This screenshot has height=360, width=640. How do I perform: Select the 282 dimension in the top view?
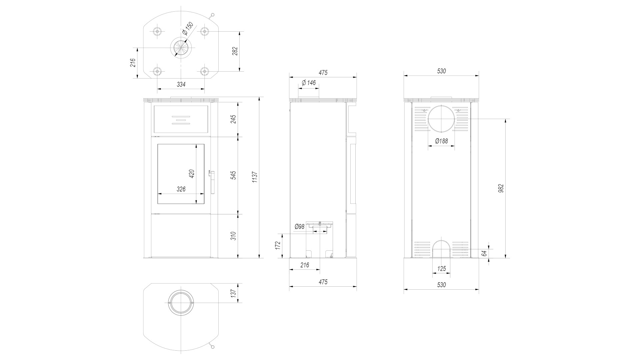pyautogui.click(x=235, y=51)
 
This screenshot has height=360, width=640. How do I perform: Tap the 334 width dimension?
pyautogui.click(x=181, y=84)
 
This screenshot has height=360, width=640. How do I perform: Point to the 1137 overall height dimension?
pyautogui.click(x=255, y=177)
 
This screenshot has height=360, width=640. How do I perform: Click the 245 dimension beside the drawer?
pyautogui.click(x=233, y=119)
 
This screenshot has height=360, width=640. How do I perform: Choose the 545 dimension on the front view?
pyautogui.click(x=233, y=175)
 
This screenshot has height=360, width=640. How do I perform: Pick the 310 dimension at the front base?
pyautogui.click(x=233, y=236)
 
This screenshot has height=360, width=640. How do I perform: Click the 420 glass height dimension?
pyautogui.click(x=191, y=173)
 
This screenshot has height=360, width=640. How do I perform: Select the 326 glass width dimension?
pyautogui.click(x=181, y=189)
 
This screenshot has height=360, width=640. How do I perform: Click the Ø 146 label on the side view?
pyautogui.click(x=309, y=83)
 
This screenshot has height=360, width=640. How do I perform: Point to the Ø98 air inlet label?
pyautogui.click(x=300, y=227)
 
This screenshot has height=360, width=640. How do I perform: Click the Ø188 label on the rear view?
pyautogui.click(x=442, y=141)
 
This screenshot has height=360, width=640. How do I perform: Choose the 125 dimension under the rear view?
pyautogui.click(x=441, y=269)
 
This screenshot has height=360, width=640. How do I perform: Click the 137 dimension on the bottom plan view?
pyautogui.click(x=233, y=293)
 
